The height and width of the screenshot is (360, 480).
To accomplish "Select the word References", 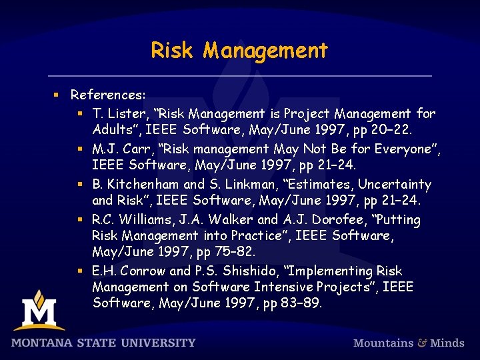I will tap(107, 95).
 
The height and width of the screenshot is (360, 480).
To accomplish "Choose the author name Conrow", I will tap(144, 271).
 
